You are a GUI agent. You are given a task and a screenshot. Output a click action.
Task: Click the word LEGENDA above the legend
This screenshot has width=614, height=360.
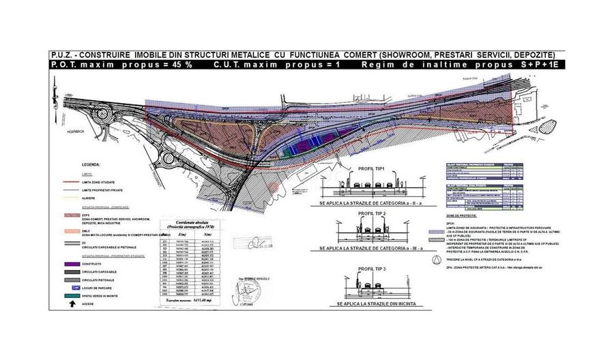pyautogui.click(x=91, y=165)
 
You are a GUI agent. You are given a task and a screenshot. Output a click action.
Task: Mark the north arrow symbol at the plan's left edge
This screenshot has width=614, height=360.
pyautogui.click(x=55, y=80)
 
